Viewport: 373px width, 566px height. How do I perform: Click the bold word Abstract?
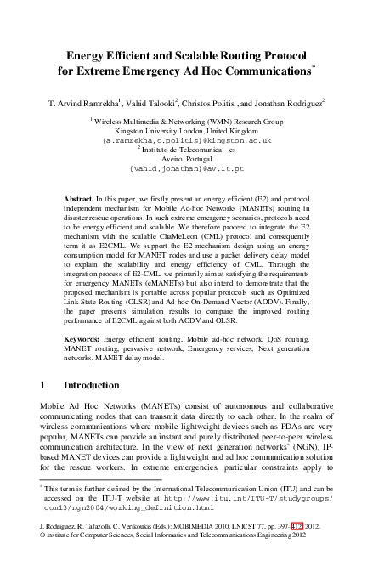[82, 197]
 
